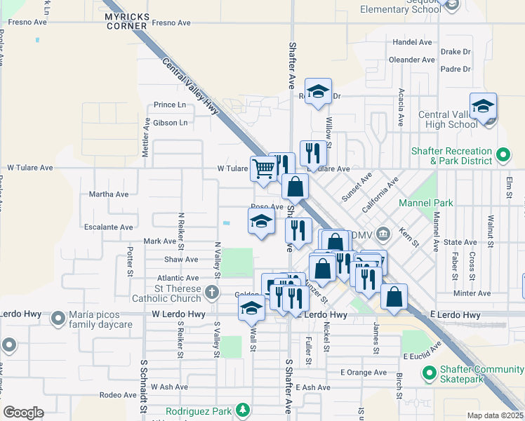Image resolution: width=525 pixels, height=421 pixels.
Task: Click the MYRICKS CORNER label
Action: pos(126,20)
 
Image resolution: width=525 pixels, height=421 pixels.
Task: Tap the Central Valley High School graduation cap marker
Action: pos(483,107)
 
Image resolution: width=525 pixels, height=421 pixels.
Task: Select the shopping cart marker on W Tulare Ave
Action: pos(263,168)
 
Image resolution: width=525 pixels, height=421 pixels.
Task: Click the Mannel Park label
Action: pos(425,203)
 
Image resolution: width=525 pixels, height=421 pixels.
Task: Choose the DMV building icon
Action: pos(383,233)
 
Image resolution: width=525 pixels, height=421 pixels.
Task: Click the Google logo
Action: pos(23,412)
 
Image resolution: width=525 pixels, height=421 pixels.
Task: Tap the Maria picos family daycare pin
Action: pos(59,320)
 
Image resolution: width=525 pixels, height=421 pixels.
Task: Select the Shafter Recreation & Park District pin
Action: pos(503,155)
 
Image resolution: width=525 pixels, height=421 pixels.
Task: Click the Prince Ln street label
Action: pos(171,105)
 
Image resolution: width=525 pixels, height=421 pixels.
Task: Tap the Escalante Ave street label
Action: pos(108,227)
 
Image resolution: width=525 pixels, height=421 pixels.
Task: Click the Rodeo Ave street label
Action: pos(118,395)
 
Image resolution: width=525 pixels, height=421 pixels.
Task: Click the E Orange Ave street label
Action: pos(363,373)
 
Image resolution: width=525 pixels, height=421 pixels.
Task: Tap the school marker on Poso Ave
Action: pos(260,222)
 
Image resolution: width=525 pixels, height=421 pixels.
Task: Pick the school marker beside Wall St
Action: pos(251,308)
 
